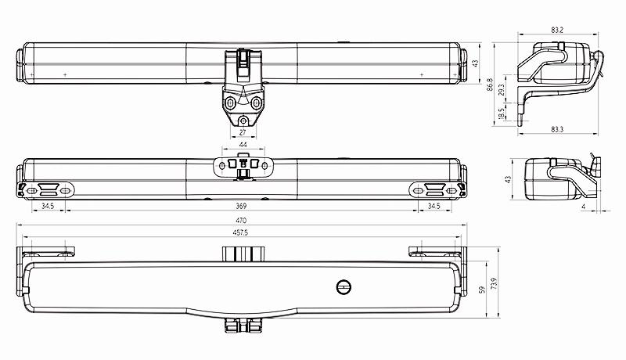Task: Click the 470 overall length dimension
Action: click(x=241, y=221)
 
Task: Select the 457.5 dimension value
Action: click(x=240, y=232)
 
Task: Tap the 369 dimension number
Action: click(x=241, y=206)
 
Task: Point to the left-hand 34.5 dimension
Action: click(x=48, y=206)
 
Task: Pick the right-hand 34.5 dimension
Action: click(x=434, y=206)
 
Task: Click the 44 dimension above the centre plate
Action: click(x=243, y=145)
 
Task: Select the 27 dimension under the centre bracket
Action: click(x=243, y=132)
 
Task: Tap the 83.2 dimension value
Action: click(x=557, y=30)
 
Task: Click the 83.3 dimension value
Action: click(x=557, y=129)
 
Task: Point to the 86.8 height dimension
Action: click(x=490, y=85)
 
